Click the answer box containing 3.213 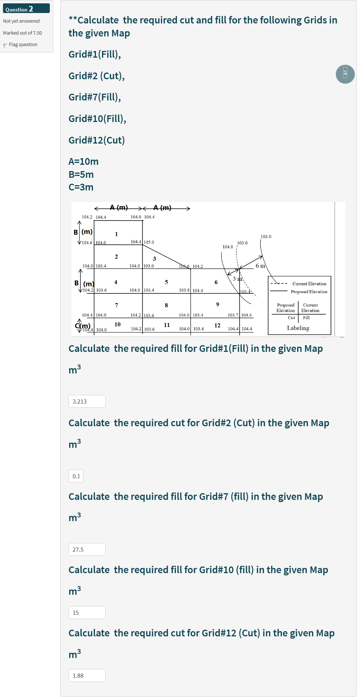(87, 401)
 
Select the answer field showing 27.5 (87, 549)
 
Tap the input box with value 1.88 (87, 675)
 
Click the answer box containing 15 (87, 613)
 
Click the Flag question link (23, 45)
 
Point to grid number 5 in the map (166, 282)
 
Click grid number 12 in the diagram (217, 325)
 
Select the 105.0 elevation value (149, 242)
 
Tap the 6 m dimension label (260, 266)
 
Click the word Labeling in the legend (298, 328)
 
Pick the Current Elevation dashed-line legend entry (309, 284)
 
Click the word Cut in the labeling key (291, 318)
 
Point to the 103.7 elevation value (233, 315)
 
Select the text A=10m (83, 161)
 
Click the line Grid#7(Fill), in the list (94, 97)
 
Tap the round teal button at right (345, 74)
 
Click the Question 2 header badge (26, 9)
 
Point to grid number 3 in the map (154, 259)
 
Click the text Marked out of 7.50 (22, 33)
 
